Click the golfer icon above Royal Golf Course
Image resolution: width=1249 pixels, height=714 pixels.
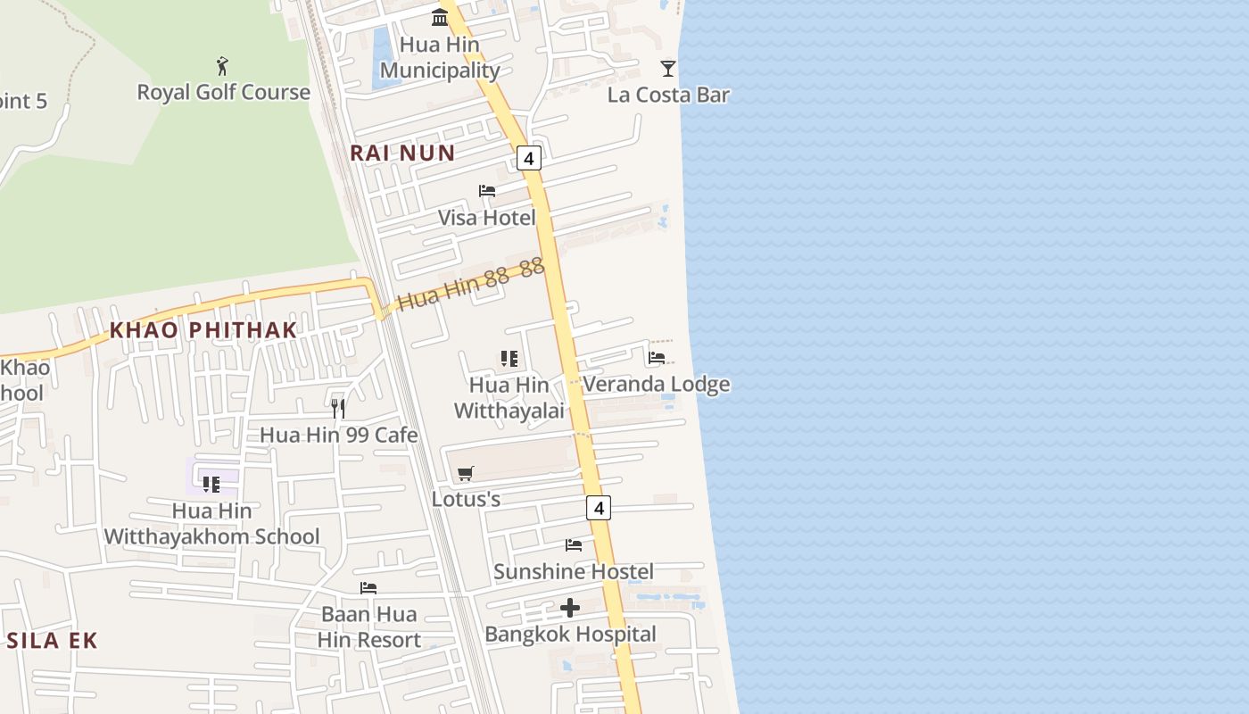point(222,66)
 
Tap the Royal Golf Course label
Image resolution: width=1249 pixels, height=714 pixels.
point(223,92)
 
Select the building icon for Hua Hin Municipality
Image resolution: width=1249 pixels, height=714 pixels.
point(440,17)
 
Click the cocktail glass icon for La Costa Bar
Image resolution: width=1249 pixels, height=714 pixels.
point(668,69)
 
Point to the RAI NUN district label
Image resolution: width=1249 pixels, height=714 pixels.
point(402,153)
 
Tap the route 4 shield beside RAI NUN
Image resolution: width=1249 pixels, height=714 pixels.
point(529,159)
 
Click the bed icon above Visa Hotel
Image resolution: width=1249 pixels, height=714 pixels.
point(487,191)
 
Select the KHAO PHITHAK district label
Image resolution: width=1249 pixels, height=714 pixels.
point(203,330)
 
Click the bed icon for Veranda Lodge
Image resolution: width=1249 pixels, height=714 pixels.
point(657,358)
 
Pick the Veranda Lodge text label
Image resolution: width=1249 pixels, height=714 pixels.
point(656,384)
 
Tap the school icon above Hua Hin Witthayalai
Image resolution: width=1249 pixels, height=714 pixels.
point(509,359)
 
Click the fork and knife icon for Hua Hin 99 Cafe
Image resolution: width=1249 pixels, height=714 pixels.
point(338,409)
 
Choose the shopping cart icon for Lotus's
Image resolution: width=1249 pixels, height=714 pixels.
point(466,473)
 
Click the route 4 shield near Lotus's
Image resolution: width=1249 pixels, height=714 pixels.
point(599,508)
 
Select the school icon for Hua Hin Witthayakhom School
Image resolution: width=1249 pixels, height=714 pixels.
point(211,485)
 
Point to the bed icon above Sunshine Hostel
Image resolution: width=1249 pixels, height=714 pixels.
point(574,545)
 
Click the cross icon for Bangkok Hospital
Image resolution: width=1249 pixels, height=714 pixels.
point(570,609)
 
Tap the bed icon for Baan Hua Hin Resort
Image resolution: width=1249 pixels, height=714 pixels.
point(368,588)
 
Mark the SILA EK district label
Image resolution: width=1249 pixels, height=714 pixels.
point(52,640)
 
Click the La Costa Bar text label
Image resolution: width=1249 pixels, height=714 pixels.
point(668,95)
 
